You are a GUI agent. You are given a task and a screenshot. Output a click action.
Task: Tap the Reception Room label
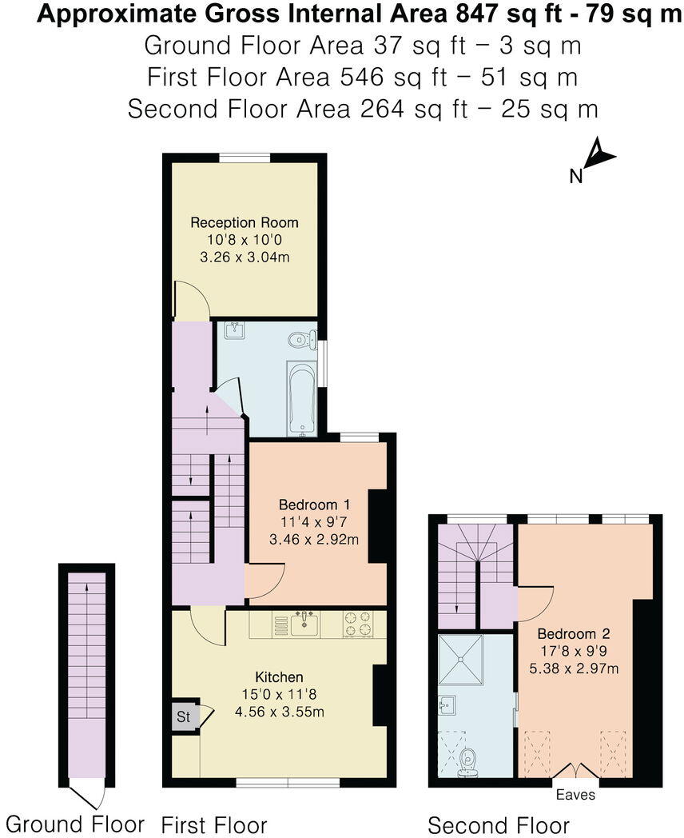coord(245,222)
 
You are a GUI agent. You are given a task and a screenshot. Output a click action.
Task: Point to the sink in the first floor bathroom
coord(235,330)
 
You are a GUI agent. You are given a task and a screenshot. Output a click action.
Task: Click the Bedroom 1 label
coord(314,505)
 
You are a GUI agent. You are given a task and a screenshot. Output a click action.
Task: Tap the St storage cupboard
coord(184,716)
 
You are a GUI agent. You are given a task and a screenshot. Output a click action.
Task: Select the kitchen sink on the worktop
coord(304,622)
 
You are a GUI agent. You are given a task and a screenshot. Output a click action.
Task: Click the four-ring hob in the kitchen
coord(358,624)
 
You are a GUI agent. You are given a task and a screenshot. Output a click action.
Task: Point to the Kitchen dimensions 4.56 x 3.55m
coord(279,712)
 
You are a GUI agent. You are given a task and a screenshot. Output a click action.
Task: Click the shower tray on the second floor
coord(460,660)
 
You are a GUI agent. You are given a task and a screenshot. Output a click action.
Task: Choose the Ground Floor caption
coord(75,824)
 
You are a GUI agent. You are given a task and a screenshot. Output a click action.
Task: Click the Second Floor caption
coord(499,825)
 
